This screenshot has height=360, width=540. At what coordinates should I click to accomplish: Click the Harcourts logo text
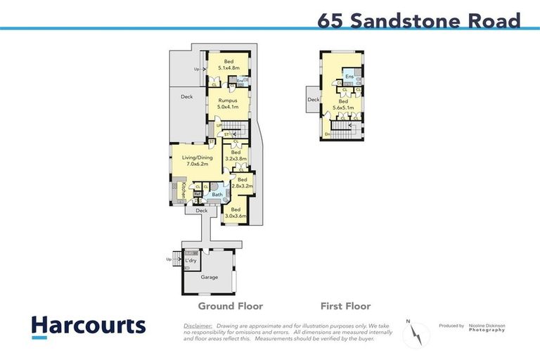point(89,326)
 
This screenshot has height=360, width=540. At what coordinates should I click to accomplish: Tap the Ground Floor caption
point(230,306)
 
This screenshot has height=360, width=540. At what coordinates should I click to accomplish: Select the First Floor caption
point(345,306)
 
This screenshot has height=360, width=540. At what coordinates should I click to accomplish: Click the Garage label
point(209,277)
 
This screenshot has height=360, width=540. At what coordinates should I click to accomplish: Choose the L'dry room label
point(191,262)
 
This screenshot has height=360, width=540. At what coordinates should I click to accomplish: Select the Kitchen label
point(184,189)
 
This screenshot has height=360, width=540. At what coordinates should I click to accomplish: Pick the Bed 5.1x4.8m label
point(229,65)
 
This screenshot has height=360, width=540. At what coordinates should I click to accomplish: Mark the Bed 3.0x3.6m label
point(236,212)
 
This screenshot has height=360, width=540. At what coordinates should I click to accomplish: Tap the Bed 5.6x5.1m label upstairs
point(343,105)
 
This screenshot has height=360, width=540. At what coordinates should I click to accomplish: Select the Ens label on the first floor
point(349,76)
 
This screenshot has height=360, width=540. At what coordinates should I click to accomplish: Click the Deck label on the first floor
point(313,100)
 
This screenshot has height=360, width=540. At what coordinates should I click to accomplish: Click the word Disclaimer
point(198,326)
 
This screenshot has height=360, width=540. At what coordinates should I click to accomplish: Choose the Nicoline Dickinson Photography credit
point(487,328)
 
